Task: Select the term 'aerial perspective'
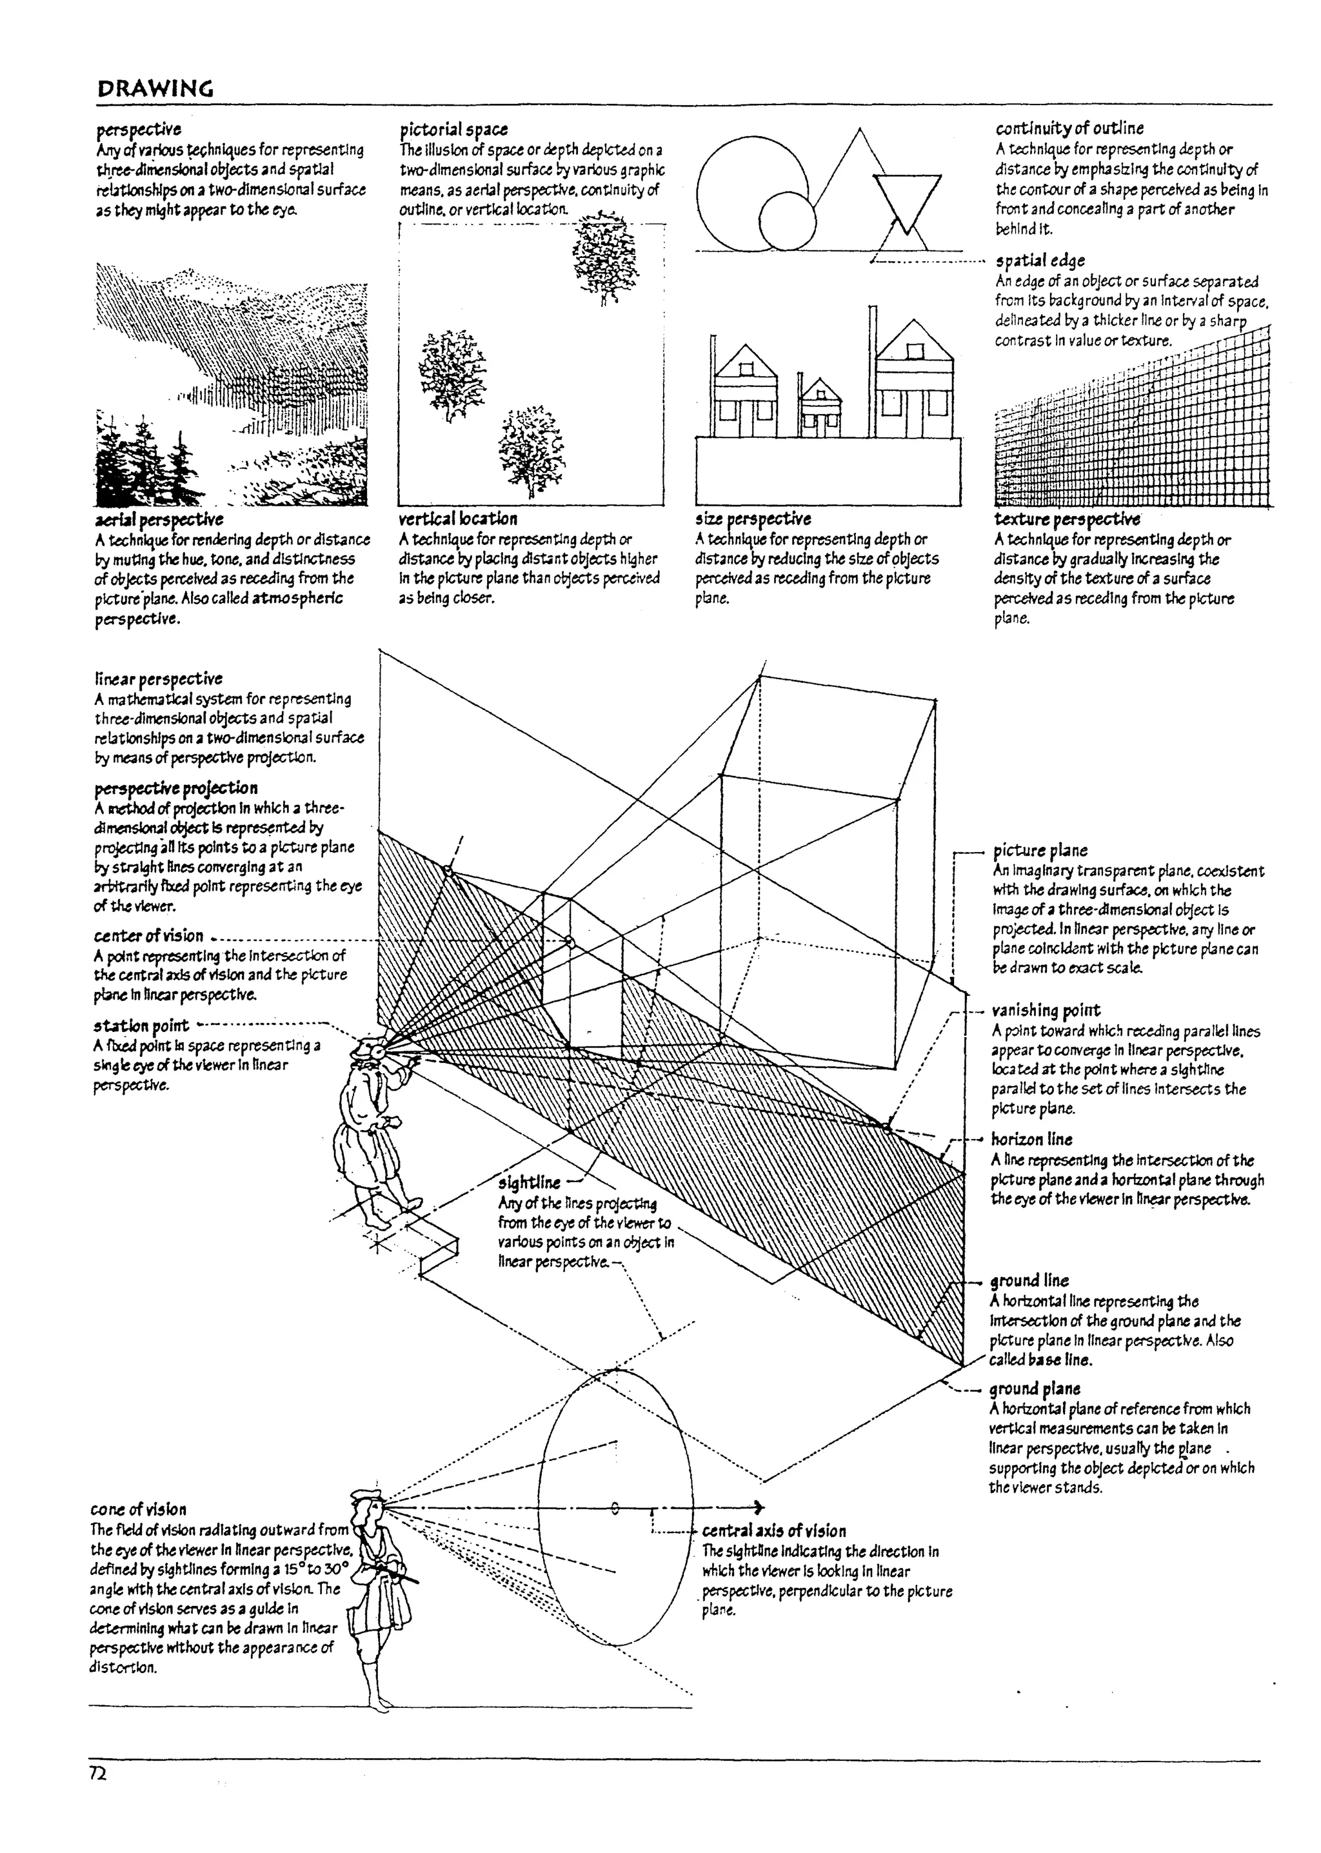[159, 519]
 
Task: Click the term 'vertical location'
[458, 519]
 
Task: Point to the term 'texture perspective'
[1066, 519]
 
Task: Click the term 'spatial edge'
[1040, 261]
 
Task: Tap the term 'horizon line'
[1031, 1139]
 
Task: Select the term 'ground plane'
[1035, 1389]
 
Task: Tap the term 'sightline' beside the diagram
[530, 1183]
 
